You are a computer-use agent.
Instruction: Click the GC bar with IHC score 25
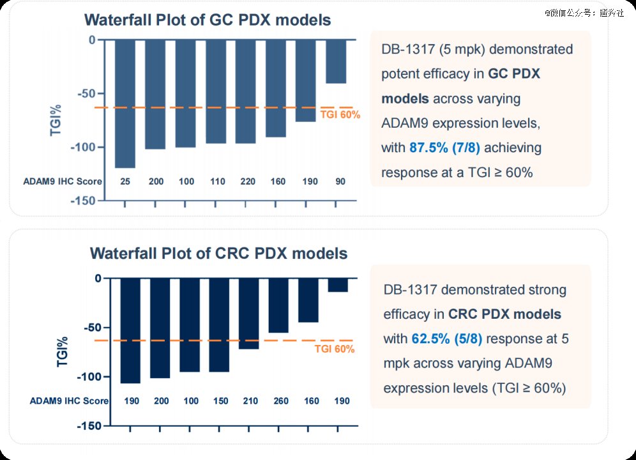tap(125, 103)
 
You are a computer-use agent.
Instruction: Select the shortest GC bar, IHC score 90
tap(335, 61)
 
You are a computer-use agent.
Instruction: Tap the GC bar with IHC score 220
tap(245, 91)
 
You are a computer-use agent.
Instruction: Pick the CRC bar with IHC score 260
tap(278, 305)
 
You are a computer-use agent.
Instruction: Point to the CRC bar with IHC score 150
tap(219, 325)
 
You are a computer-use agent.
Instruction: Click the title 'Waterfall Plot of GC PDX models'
tap(208, 20)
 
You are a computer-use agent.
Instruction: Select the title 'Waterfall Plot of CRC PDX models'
tap(218, 253)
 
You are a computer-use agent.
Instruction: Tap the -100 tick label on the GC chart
tap(83, 148)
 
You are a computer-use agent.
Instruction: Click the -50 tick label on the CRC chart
tap(89, 328)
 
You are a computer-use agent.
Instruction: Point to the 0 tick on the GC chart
tap(92, 40)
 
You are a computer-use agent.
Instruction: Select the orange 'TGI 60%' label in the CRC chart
tap(335, 349)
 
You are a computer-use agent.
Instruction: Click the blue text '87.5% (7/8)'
tap(444, 148)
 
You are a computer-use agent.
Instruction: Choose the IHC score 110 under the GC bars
tap(216, 181)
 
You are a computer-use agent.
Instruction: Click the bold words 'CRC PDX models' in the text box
tap(504, 314)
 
